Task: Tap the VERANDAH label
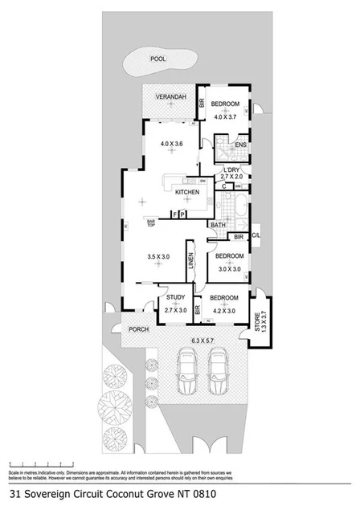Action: point(170,97)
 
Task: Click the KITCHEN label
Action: point(187,193)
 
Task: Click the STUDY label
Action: point(175,298)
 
